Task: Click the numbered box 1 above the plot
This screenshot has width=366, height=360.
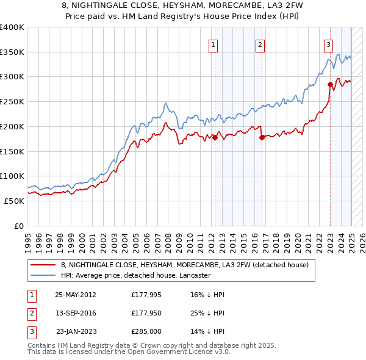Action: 213,44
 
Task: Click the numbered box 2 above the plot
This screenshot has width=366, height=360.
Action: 260,44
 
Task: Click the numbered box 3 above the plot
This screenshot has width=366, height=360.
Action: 328,44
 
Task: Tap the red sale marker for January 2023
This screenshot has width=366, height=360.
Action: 330,84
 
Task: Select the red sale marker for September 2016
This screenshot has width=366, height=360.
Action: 262,138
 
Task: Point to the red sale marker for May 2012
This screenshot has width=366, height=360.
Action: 215,138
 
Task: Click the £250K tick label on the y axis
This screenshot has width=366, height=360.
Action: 12,102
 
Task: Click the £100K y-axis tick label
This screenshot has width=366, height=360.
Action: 12,176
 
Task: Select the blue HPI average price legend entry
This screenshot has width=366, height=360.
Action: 135,275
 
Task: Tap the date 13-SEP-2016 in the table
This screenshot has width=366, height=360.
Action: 76,313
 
